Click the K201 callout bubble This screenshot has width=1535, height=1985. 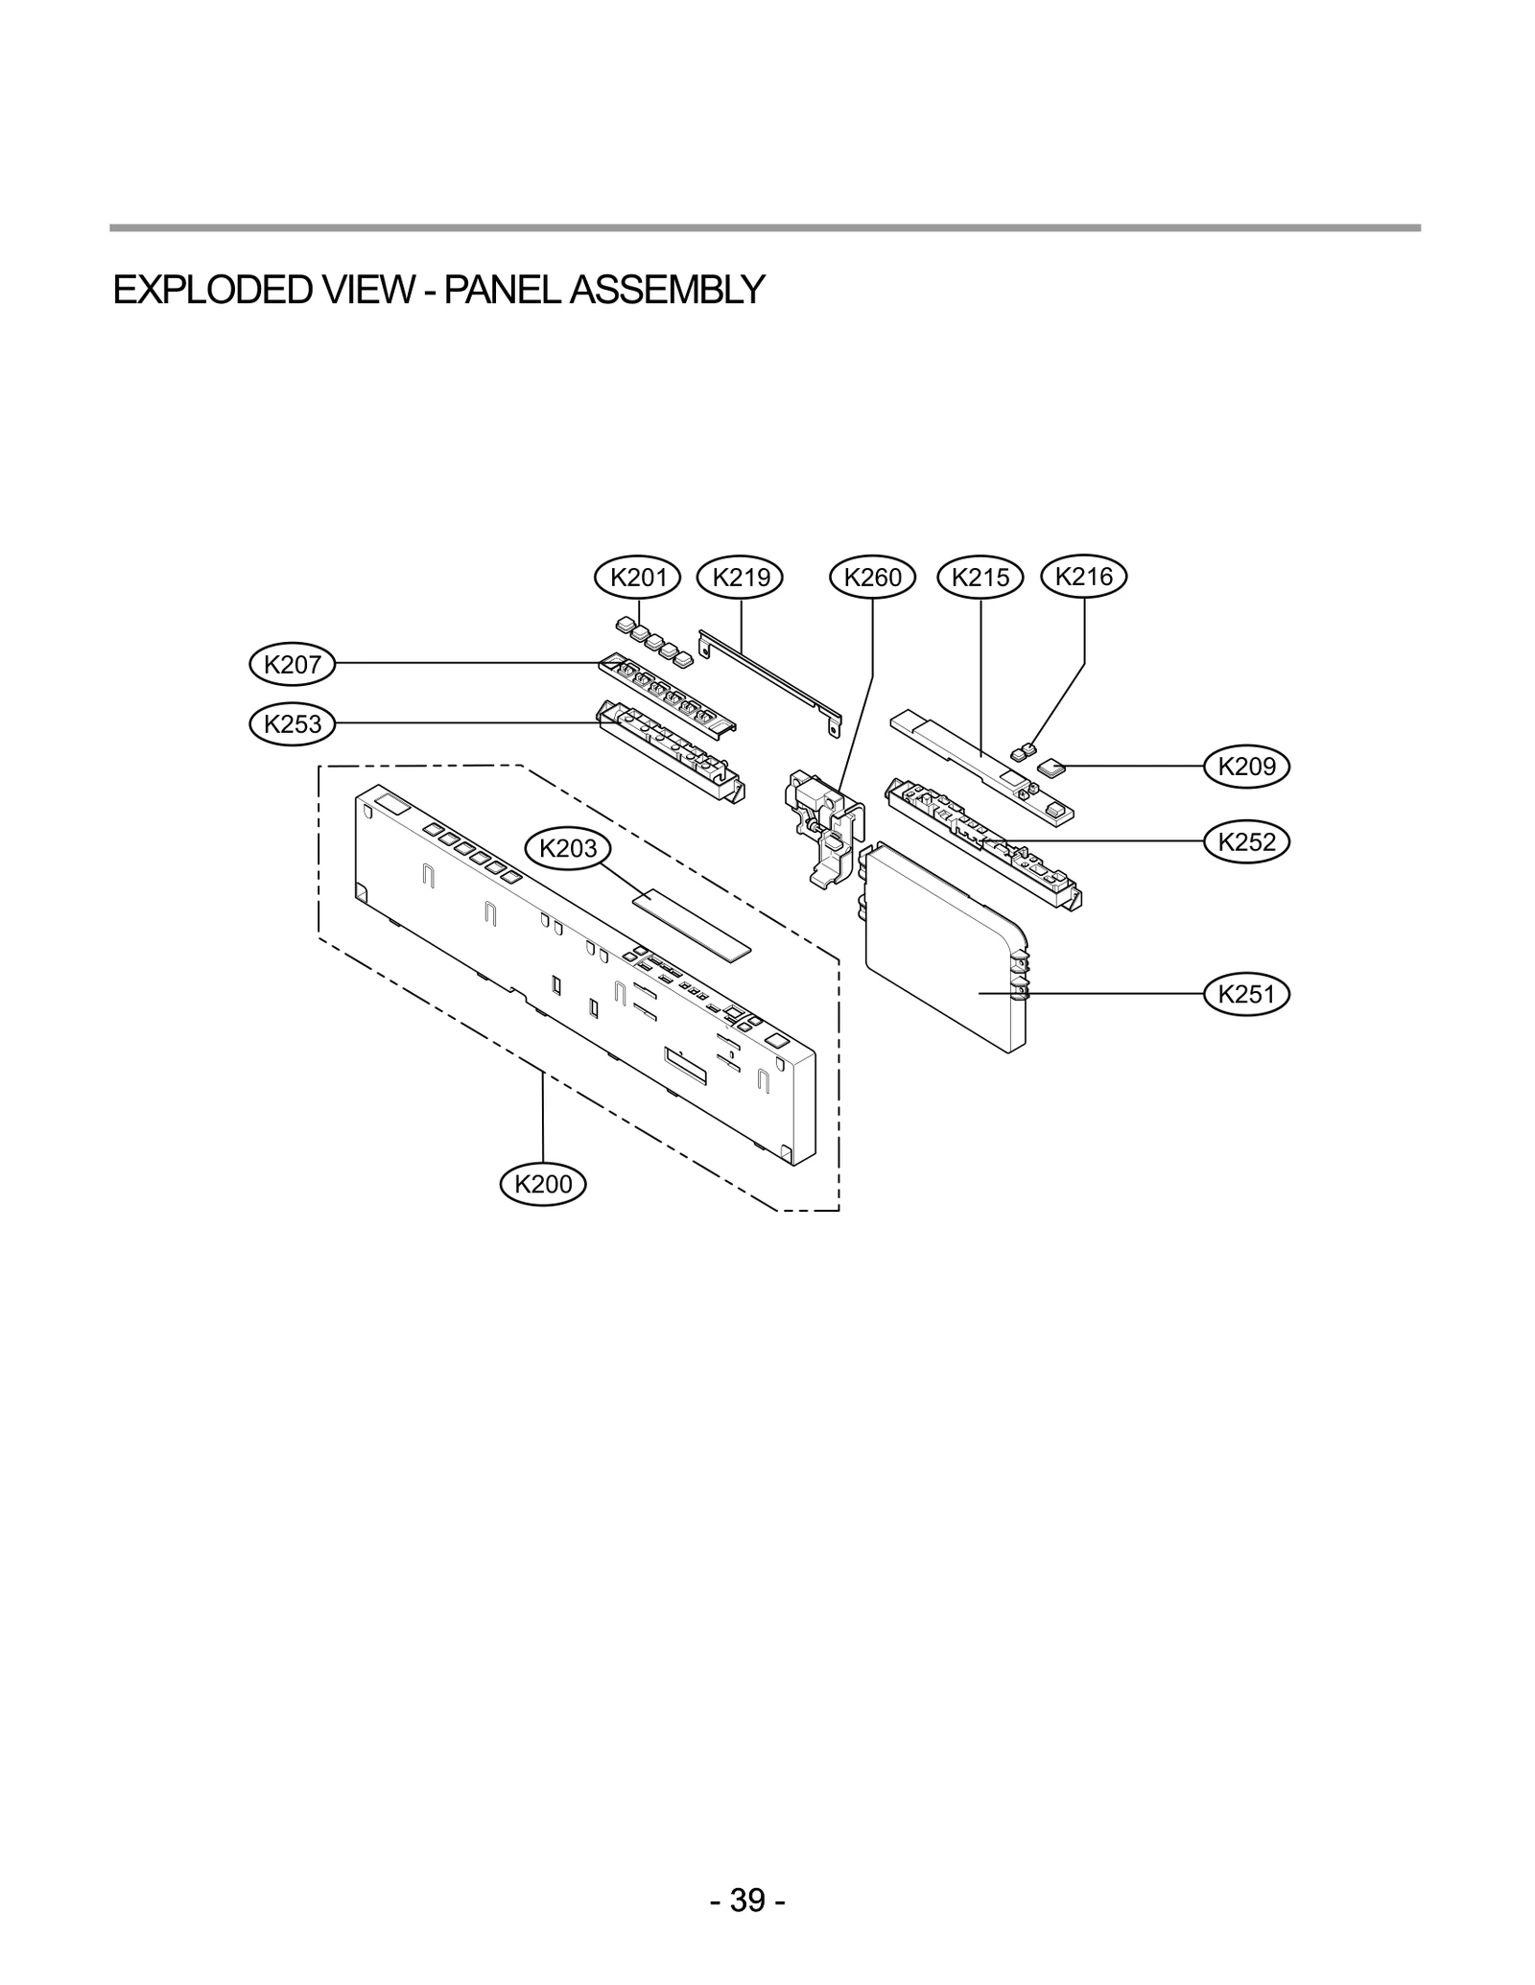tap(638, 577)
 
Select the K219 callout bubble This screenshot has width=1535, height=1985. tap(742, 577)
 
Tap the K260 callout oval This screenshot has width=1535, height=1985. tap(872, 577)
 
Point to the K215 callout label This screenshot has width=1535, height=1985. tap(980, 577)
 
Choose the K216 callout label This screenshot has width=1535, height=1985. tap(1084, 576)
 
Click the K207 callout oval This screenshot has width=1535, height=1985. tap(293, 664)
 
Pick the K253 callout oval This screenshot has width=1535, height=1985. tap(293, 723)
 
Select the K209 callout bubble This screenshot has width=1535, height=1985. tap(1246, 766)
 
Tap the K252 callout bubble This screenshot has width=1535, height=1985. tap(1246, 841)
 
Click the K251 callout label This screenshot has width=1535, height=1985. tap(1246, 994)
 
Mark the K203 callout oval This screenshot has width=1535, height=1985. tap(568, 848)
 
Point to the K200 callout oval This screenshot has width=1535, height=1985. tap(543, 1184)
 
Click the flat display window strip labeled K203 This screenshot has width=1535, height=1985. tap(692, 925)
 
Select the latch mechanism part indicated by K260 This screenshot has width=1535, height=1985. tap(820, 825)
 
